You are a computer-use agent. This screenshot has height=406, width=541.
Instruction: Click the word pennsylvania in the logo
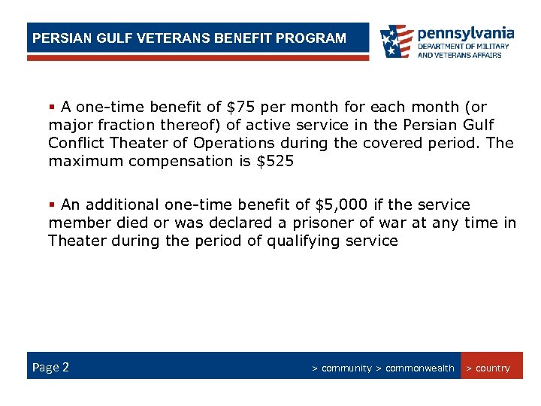click(x=466, y=33)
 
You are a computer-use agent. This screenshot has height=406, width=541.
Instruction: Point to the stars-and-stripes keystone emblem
click(x=396, y=41)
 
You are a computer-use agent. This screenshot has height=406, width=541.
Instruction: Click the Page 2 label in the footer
click(x=50, y=368)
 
